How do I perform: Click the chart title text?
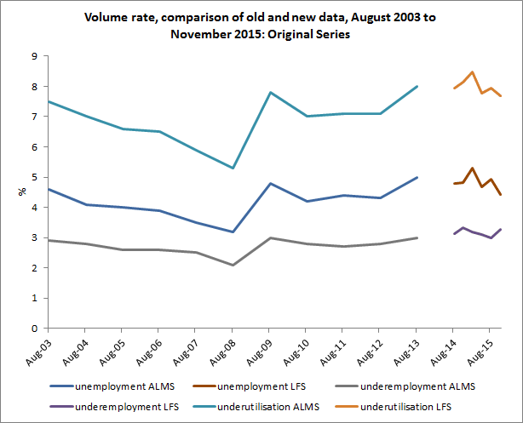(261, 26)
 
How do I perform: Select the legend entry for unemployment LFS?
(264, 387)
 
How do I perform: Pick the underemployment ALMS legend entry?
(416, 387)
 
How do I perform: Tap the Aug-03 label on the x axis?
(38, 351)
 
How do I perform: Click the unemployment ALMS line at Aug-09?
(270, 183)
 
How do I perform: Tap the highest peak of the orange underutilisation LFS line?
(473, 72)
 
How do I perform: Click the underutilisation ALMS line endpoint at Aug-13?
(417, 86)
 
